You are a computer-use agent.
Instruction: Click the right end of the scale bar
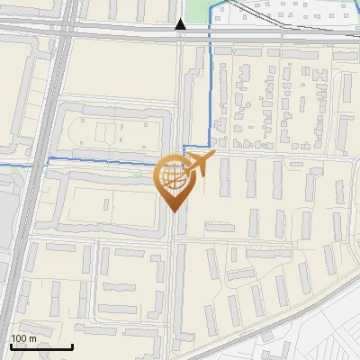(72, 346)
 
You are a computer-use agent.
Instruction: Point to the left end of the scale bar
(10, 346)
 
